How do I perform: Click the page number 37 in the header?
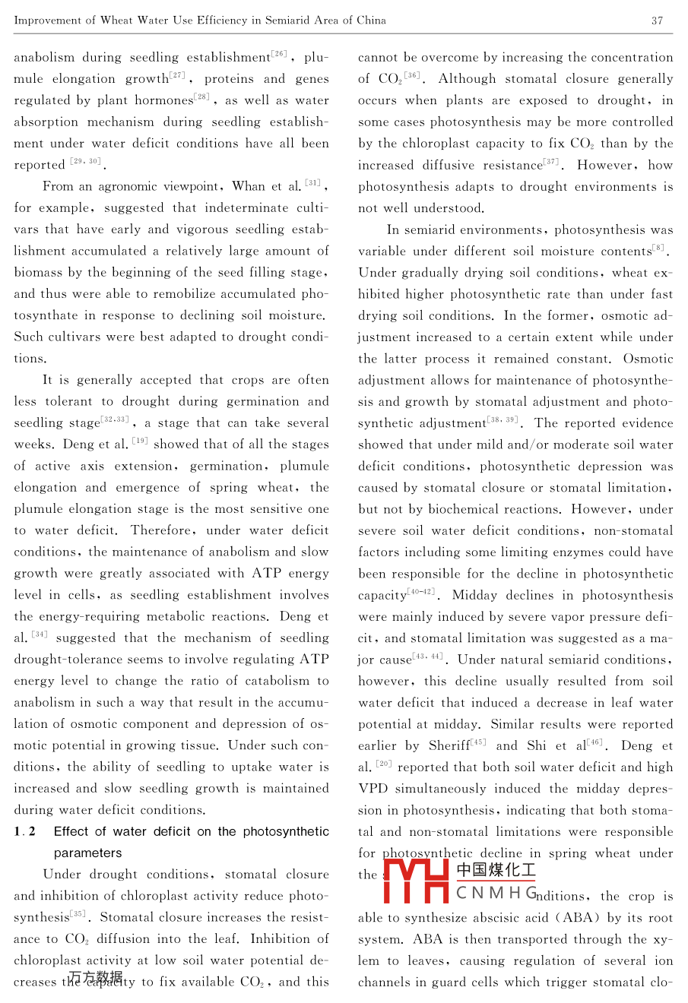pyautogui.click(x=658, y=21)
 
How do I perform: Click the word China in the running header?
pyautogui.click(x=370, y=21)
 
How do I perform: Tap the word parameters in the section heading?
pyautogui.click(x=88, y=853)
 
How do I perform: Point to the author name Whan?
pyautogui.click(x=249, y=186)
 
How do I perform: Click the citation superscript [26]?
pyautogui.click(x=280, y=54)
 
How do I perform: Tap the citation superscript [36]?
pyautogui.click(x=411, y=75)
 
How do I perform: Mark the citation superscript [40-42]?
pyautogui.click(x=420, y=592)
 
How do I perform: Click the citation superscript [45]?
pyautogui.click(x=478, y=742)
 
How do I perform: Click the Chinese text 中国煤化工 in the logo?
pyautogui.click(x=496, y=871)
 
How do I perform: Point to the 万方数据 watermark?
pyautogui.click(x=96, y=976)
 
